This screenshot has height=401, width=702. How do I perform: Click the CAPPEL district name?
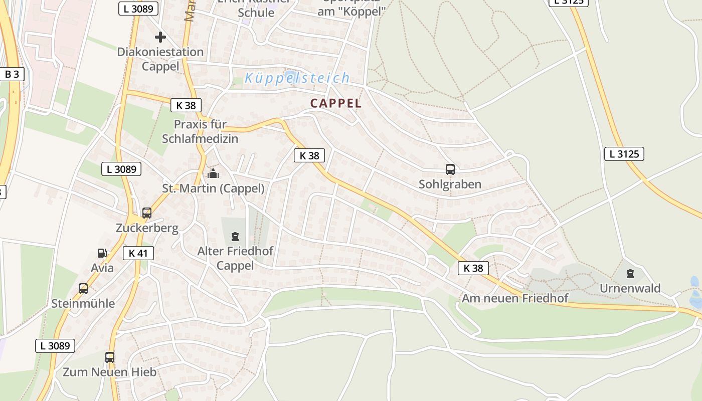tap(335, 103)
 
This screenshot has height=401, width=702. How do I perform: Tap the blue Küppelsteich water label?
tap(297, 78)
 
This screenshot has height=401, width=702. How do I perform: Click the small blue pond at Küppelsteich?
tap(290, 76)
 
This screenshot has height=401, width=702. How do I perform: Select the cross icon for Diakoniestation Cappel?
tap(160, 37)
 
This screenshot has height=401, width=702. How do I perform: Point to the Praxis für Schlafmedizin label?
tap(200, 131)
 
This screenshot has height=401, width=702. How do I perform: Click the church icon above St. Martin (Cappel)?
tap(213, 174)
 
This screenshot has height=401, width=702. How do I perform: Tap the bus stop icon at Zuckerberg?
tap(147, 213)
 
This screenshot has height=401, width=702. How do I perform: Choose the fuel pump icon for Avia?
tap(102, 253)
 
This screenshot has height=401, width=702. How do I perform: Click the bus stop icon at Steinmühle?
tap(83, 289)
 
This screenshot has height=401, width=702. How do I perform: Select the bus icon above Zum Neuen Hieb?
tap(110, 357)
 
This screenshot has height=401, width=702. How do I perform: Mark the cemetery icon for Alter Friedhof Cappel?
tap(235, 236)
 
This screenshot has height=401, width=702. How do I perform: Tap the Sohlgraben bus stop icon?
tap(450, 169)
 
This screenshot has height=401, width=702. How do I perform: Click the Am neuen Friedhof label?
tap(515, 298)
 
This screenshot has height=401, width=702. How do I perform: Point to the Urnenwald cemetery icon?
tap(630, 274)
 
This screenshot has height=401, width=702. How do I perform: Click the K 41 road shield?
tap(138, 253)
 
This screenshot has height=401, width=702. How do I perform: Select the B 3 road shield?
tap(12, 74)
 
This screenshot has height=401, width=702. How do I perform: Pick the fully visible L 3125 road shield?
tap(624, 154)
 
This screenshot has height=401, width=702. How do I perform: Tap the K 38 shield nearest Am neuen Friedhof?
tap(473, 268)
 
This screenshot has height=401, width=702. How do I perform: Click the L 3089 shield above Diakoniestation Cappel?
tap(138, 9)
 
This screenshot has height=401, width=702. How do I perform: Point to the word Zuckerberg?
tap(147, 228)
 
